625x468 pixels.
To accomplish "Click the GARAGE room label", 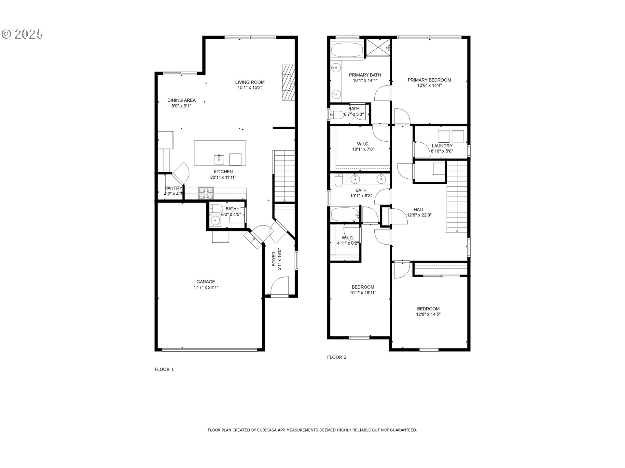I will click(205, 282).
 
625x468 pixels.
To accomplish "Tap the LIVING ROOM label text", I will click(250, 82).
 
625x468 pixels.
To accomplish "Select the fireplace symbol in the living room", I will click(288, 83).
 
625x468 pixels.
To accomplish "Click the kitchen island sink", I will click(219, 160).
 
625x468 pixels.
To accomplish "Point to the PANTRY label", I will click(173, 188).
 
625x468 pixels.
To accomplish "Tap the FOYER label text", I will click(274, 259).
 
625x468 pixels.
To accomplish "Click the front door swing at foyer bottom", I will click(279, 286).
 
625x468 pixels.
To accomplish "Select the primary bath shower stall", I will click(378, 48).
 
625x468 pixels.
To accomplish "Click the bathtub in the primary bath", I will click(347, 51).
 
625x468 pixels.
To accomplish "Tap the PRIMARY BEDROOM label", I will click(429, 80).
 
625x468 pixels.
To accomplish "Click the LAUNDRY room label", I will click(442, 146).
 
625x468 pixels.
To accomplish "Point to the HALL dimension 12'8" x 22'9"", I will click(419, 215).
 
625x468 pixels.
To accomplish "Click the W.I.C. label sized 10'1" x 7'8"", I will click(363, 144).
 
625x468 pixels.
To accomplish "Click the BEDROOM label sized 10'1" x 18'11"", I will click(363, 287).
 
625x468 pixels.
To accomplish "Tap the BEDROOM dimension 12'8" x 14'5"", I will click(428, 314).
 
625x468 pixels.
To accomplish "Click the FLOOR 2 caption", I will click(337, 357).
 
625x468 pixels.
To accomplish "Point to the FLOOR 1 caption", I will click(164, 369).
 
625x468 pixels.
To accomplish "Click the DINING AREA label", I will click(181, 100).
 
